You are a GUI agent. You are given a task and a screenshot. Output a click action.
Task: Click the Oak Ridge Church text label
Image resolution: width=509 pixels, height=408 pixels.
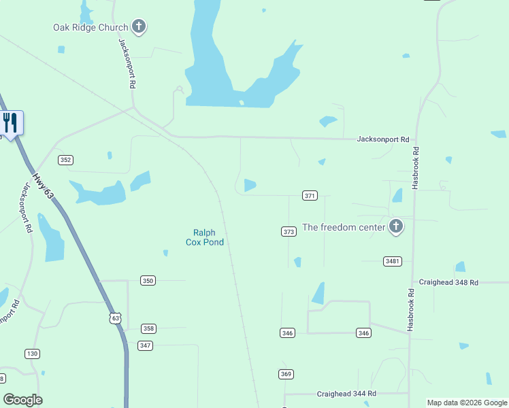pyautogui.click(x=91, y=28)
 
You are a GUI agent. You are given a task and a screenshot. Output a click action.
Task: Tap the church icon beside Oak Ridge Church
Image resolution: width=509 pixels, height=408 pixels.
pyautogui.click(x=139, y=28)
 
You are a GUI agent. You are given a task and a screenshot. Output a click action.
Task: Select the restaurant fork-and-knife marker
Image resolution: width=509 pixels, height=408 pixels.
pyautogui.click(x=10, y=123)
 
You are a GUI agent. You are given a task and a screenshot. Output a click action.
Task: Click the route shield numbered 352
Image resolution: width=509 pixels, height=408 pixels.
pyautogui.click(x=65, y=160)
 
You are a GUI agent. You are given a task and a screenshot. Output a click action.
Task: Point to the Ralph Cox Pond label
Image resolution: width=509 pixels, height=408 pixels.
pyautogui.click(x=205, y=237)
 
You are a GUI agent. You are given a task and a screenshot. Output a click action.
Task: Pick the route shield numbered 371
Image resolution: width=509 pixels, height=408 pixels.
pyautogui.click(x=310, y=196)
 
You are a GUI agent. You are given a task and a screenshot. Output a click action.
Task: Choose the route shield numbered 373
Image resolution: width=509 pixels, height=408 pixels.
pyautogui.click(x=289, y=232)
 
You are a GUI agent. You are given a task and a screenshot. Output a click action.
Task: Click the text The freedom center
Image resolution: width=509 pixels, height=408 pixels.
pyautogui.click(x=344, y=227)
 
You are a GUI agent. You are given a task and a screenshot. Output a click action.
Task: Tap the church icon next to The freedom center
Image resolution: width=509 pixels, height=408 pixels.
pyautogui.click(x=396, y=227)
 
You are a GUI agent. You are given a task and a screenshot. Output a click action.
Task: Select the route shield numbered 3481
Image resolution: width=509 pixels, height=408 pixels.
pyautogui.click(x=393, y=261)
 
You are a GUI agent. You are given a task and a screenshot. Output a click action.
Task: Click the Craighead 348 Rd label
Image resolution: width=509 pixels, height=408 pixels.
pyautogui.click(x=448, y=282)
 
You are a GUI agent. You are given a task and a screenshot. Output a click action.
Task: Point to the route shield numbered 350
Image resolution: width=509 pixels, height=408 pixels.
pyautogui.click(x=148, y=280)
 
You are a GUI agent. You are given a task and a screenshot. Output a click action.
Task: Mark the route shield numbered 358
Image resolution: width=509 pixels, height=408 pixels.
pyautogui.click(x=148, y=328)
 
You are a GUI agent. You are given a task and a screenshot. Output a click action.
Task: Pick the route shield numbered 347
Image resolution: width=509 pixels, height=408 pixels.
pyautogui.click(x=145, y=345)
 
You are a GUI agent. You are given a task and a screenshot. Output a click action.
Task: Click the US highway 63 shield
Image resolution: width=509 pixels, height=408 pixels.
pyautogui.click(x=116, y=318)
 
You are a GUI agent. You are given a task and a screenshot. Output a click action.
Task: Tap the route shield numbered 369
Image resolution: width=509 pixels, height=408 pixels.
pyautogui.click(x=286, y=374)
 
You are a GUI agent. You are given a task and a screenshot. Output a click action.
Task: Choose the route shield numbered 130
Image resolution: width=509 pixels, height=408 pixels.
pyautogui.click(x=32, y=354)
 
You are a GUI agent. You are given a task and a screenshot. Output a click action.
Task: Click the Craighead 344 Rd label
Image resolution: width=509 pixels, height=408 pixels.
pyautogui.click(x=346, y=394)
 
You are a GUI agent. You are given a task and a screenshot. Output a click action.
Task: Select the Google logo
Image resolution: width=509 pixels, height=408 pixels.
pyautogui.click(x=22, y=400)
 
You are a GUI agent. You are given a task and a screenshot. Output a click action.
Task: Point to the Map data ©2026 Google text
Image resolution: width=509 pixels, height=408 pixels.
pyautogui.click(x=466, y=403)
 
